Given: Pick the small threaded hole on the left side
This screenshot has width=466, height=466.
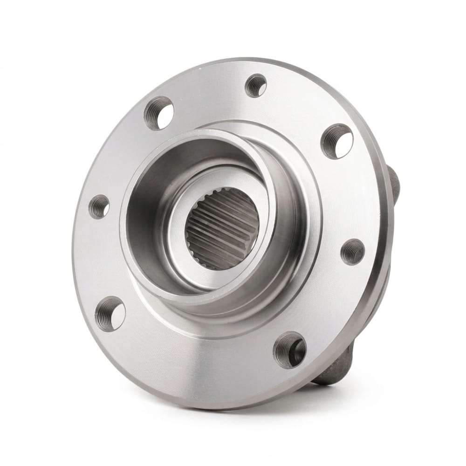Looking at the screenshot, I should (99, 206).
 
